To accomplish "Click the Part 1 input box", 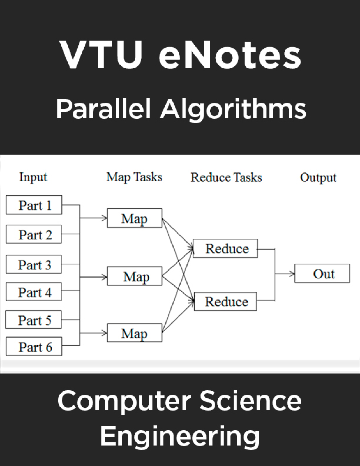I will tap(34, 205).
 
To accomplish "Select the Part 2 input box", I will tap(34, 234).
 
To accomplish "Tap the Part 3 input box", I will tap(34, 264).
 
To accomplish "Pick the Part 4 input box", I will tap(34, 292).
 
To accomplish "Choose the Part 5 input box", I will tap(34, 320).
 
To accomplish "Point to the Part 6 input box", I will tap(34, 347).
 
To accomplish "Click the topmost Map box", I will tap(134, 219).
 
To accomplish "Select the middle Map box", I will tap(134, 276).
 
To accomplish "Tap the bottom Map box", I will tap(134, 333).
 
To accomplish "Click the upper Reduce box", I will tap(226, 249).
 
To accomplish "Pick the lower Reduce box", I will tap(226, 301).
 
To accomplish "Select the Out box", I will tap(322, 274).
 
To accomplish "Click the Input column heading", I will tap(33, 177).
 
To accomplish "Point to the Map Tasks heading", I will tap(134, 177).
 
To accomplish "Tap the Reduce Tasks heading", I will tap(226, 177).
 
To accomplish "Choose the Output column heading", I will tap(318, 177).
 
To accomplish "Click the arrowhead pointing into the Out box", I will tap(292, 274).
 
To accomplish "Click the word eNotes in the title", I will tap(230, 55).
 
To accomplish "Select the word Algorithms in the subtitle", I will tap(233, 109).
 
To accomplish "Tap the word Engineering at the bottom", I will tap(180, 436).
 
